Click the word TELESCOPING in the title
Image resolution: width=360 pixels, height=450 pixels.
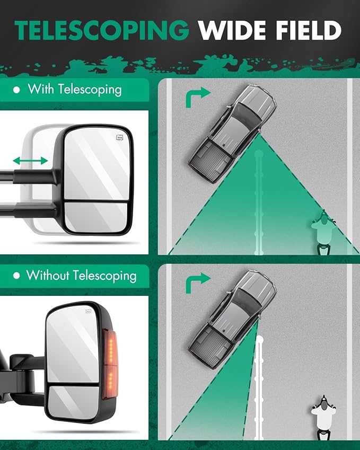[x=102, y=30]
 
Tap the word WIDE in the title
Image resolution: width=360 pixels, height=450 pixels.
[x=233, y=30]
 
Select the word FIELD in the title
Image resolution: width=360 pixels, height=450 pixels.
[x=309, y=30]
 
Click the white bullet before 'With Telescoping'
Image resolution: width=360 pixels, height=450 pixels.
[x=16, y=90]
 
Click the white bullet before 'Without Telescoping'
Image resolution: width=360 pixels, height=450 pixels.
[x=16, y=276]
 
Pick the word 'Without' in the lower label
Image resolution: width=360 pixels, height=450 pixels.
[x=48, y=275]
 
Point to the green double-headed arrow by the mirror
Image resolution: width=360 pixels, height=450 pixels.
[x=30, y=161]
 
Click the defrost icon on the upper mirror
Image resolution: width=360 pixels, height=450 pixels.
[x=120, y=138]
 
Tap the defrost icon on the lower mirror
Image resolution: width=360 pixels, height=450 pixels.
[x=88, y=311]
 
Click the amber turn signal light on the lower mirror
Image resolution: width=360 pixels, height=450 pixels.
[x=110, y=365]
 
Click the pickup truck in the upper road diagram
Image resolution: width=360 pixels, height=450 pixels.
[x=232, y=134]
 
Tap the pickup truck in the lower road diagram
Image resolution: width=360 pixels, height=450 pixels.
[x=232, y=320]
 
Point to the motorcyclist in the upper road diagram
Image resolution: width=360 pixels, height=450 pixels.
[x=324, y=233]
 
